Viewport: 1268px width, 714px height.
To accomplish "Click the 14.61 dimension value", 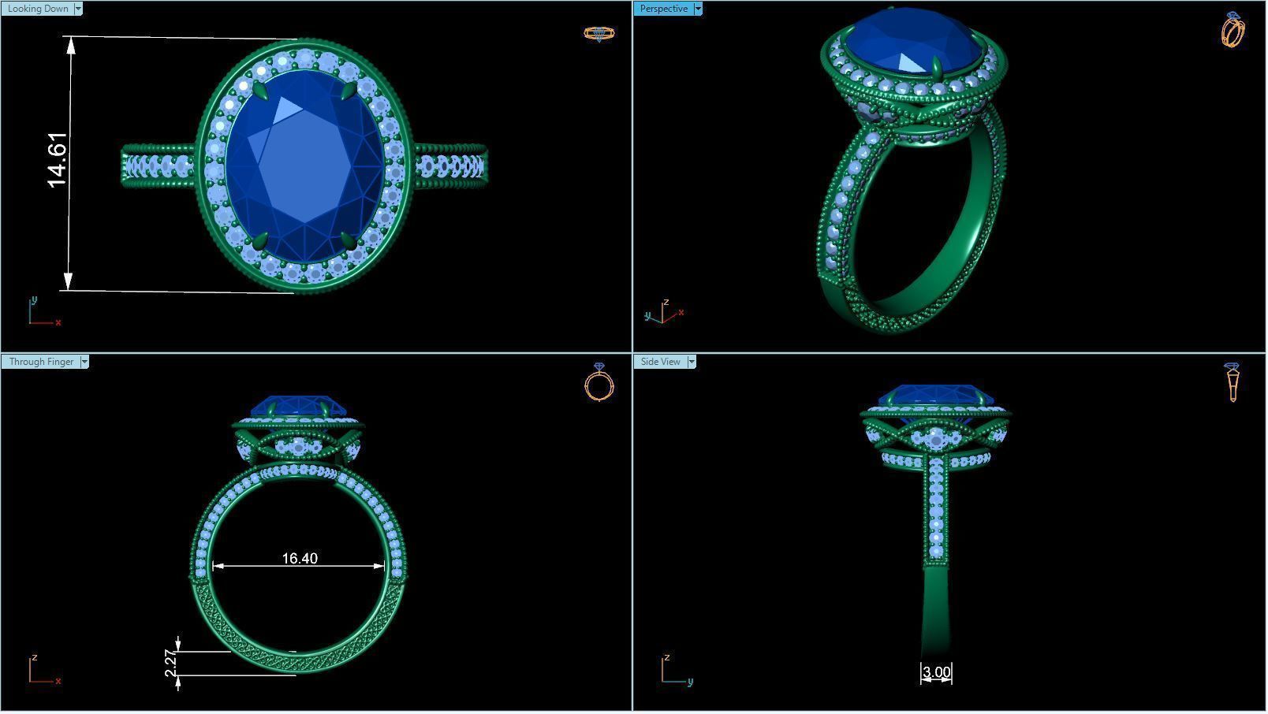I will (58, 161).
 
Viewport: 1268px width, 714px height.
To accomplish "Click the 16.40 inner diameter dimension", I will (300, 559).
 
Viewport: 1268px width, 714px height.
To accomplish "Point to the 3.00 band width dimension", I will (936, 672).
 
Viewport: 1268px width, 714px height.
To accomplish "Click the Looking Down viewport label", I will (37, 9).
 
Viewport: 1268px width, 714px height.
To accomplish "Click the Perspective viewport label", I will (663, 9).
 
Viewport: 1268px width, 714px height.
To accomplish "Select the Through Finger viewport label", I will (41, 362).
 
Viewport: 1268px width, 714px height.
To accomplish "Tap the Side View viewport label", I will (660, 362).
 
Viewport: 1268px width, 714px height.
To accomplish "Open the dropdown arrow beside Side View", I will (692, 362).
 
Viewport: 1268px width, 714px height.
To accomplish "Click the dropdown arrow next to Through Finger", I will (84, 362).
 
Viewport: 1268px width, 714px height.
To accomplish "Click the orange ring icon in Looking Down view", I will (599, 33).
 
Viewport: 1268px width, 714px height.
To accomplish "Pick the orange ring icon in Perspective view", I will (1233, 30).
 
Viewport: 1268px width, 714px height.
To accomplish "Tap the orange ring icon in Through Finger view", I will (599, 383).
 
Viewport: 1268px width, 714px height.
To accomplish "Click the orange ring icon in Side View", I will (1233, 382).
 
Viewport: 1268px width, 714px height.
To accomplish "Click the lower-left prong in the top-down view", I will (259, 240).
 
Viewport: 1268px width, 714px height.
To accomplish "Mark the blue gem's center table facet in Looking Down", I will (304, 165).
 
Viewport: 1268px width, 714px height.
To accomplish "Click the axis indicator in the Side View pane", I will (674, 671).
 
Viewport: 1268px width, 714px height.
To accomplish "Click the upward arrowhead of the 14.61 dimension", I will (72, 44).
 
